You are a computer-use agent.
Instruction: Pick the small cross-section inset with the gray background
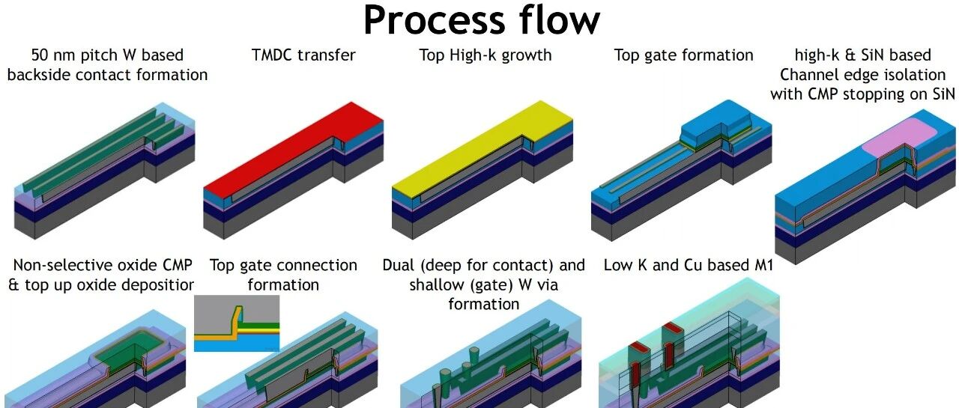(237, 323)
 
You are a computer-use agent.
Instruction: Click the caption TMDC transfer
(303, 55)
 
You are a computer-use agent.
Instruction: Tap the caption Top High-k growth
(485, 55)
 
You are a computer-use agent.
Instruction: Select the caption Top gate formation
(684, 55)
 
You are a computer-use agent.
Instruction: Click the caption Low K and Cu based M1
(688, 265)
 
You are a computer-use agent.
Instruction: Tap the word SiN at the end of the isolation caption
(942, 94)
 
